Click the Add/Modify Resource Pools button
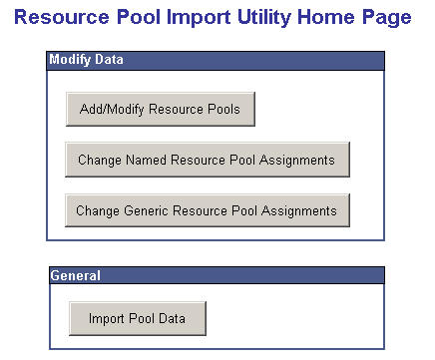coord(160,109)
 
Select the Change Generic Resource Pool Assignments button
coord(207,210)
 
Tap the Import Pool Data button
coord(137,318)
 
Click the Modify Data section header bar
coord(216,61)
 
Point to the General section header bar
coord(216,275)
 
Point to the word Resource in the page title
coord(58,18)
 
